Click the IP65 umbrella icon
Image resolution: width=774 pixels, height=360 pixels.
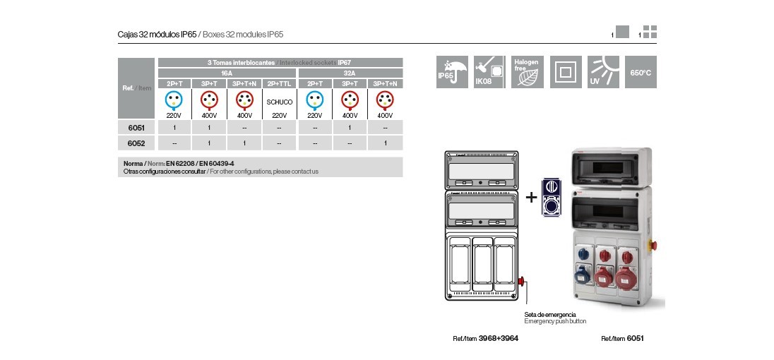(x=453, y=72)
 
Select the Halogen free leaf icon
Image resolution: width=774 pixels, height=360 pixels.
(x=528, y=72)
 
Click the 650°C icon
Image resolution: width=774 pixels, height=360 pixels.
(x=641, y=72)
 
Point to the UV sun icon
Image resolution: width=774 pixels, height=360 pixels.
(x=603, y=72)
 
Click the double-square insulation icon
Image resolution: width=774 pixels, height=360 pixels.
(x=566, y=72)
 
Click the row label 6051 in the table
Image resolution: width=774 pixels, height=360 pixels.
(x=136, y=128)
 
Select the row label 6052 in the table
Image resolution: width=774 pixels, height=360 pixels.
(x=136, y=143)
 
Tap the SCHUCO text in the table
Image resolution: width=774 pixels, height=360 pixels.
(x=280, y=102)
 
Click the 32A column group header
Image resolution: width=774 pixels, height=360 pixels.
(x=350, y=73)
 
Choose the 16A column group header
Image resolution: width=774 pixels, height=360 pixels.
(x=227, y=73)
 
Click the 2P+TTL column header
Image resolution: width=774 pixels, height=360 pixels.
(x=280, y=83)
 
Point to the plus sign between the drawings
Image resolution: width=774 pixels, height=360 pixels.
(x=531, y=198)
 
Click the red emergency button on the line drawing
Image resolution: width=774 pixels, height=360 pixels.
(x=523, y=282)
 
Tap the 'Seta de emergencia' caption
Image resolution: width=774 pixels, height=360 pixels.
(x=550, y=314)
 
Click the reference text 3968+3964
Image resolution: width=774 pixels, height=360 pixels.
(x=499, y=339)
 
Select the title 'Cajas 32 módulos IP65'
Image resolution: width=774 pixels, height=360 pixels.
(x=157, y=34)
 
